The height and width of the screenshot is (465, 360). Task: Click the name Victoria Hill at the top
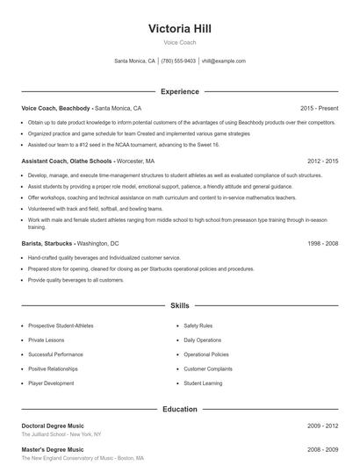click(180, 29)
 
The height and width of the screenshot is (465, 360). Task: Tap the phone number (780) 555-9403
click(179, 61)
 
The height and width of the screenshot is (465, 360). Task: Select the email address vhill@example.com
click(224, 61)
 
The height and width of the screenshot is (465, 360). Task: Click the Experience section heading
click(180, 91)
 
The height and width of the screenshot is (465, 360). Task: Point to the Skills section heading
click(180, 305)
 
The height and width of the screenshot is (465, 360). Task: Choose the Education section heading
click(180, 409)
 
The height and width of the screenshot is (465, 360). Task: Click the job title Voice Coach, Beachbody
click(56, 108)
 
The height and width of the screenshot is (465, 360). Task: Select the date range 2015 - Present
click(319, 108)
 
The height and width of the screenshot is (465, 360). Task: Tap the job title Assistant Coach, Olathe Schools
click(67, 161)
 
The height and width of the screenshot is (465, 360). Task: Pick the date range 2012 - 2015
click(323, 161)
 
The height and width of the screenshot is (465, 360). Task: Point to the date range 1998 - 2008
click(323, 242)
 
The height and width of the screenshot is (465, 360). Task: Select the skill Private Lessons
click(47, 340)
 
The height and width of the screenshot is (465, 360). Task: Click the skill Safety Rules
click(198, 325)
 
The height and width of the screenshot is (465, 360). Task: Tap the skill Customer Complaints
click(208, 368)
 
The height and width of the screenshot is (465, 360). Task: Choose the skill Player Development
click(51, 383)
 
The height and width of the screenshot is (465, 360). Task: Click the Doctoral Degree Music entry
click(53, 426)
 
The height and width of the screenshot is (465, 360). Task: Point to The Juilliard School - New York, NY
click(61, 434)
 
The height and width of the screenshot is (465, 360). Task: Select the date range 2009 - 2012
click(323, 426)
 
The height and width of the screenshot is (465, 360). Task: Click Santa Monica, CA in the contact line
click(135, 61)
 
